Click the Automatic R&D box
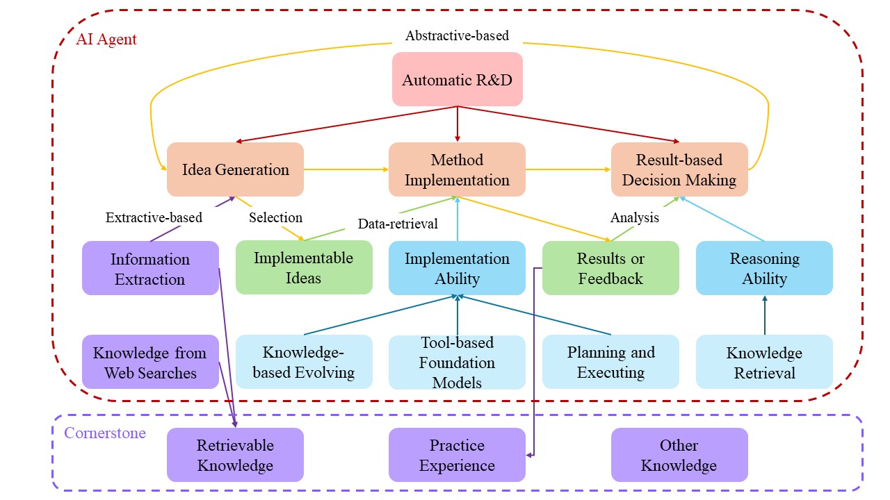pyautogui.click(x=457, y=79)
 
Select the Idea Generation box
pyautogui.click(x=235, y=169)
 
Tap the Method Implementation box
pyautogui.click(x=457, y=169)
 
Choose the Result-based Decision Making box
pyautogui.click(x=679, y=169)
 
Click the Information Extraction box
pyautogui.click(x=150, y=269)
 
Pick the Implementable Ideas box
pyautogui.click(x=304, y=267)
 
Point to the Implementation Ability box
pyautogui.click(x=457, y=268)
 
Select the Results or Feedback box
pyautogui.click(x=610, y=268)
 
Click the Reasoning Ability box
pyautogui.click(x=764, y=268)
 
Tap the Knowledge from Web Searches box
pyautogui.click(x=150, y=362)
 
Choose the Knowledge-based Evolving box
pyautogui.click(x=304, y=362)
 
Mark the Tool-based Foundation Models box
pyautogui.click(x=457, y=362)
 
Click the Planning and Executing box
pyautogui.click(x=610, y=362)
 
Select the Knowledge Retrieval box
pyautogui.click(x=764, y=362)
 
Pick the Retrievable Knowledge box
pyautogui.click(x=235, y=455)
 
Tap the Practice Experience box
pyautogui.click(x=457, y=455)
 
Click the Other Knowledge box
pyautogui.click(x=679, y=455)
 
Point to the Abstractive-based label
pyautogui.click(x=457, y=35)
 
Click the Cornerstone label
pyautogui.click(x=105, y=433)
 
